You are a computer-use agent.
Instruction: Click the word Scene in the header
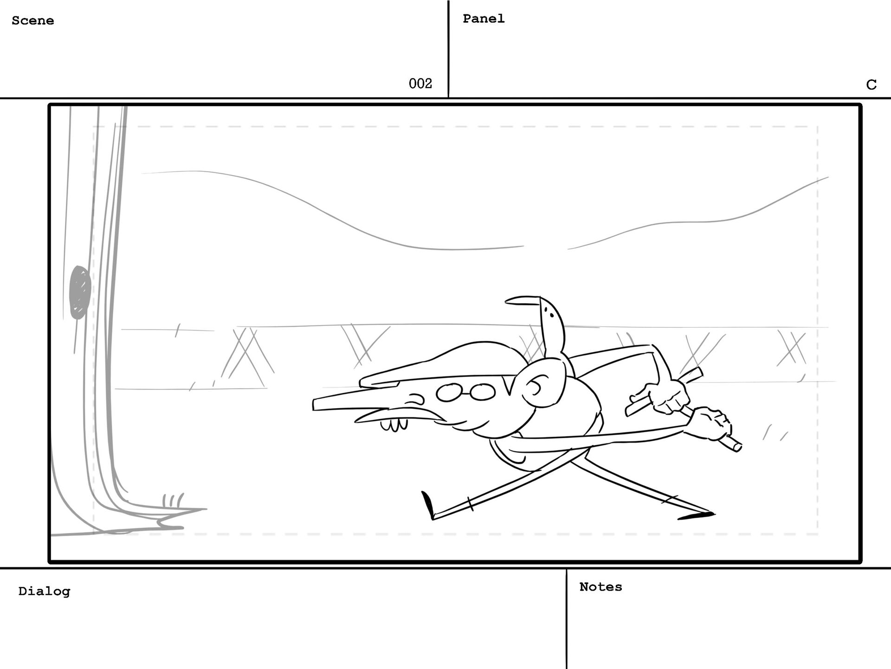tap(32, 20)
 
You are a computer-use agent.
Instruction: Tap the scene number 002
tap(420, 84)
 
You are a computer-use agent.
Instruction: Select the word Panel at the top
tap(484, 19)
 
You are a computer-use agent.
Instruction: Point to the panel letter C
tap(871, 84)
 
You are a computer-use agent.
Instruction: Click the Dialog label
tap(44, 591)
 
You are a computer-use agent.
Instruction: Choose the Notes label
tap(600, 587)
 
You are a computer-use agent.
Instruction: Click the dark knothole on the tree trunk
tap(79, 292)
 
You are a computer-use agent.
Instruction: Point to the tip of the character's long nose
tap(315, 404)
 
